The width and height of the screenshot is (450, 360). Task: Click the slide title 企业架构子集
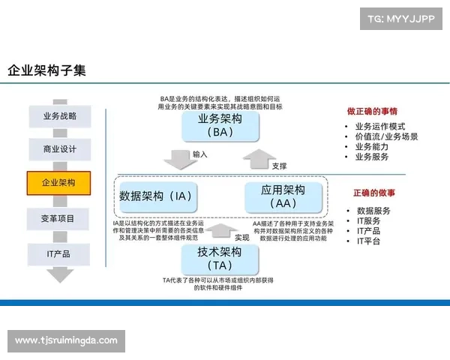point(46,70)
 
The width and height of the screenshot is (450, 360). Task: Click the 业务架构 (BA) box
point(220,125)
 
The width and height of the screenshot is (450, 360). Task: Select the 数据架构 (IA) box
point(157,196)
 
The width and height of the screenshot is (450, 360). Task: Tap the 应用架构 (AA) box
point(283,196)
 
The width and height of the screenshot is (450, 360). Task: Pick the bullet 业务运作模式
point(379,126)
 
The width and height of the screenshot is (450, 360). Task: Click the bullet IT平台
point(368,241)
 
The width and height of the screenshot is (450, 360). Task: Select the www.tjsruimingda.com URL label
point(66,340)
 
